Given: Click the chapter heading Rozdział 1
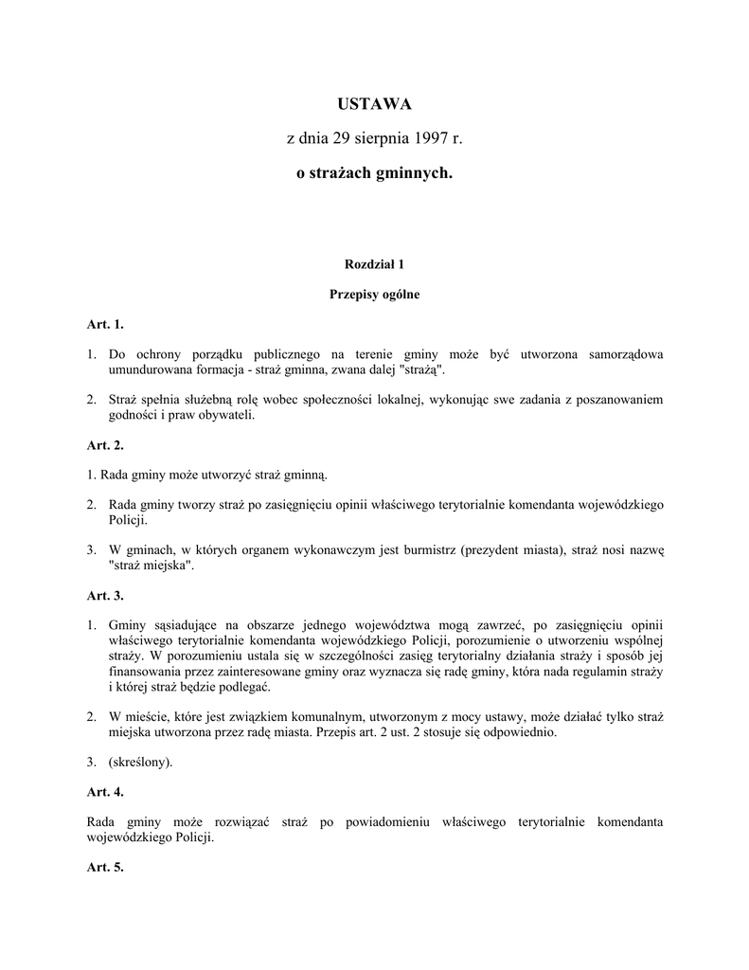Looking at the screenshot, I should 374,263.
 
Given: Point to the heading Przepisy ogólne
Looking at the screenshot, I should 374,295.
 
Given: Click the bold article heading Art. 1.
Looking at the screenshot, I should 105,325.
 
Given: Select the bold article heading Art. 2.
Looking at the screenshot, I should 105,444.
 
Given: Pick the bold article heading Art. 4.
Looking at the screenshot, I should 105,791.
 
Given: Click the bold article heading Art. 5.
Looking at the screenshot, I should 105,867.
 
